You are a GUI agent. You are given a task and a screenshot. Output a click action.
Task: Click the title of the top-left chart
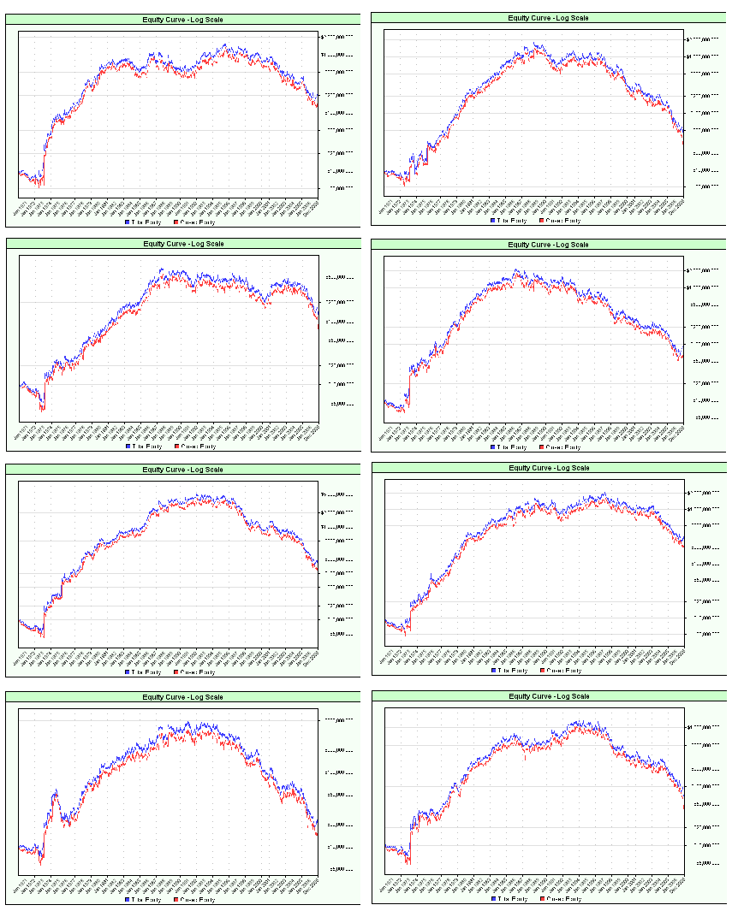click(182, 18)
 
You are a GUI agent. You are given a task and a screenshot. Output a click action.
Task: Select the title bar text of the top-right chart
click(548, 18)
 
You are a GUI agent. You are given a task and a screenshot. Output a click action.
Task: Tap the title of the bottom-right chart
click(549, 696)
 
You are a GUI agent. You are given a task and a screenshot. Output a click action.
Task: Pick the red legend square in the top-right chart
click(541, 220)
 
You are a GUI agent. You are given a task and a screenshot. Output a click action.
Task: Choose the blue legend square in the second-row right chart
click(493, 447)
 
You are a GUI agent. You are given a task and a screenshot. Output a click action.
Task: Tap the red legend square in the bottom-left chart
click(176, 899)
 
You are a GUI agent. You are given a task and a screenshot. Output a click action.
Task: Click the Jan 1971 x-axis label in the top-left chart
click(21, 207)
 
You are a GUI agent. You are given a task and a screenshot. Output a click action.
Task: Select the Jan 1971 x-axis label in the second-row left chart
click(21, 434)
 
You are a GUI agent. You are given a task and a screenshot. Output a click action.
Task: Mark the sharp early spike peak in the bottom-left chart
click(56, 790)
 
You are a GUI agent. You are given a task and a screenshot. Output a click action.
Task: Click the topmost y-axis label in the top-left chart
click(336, 37)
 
